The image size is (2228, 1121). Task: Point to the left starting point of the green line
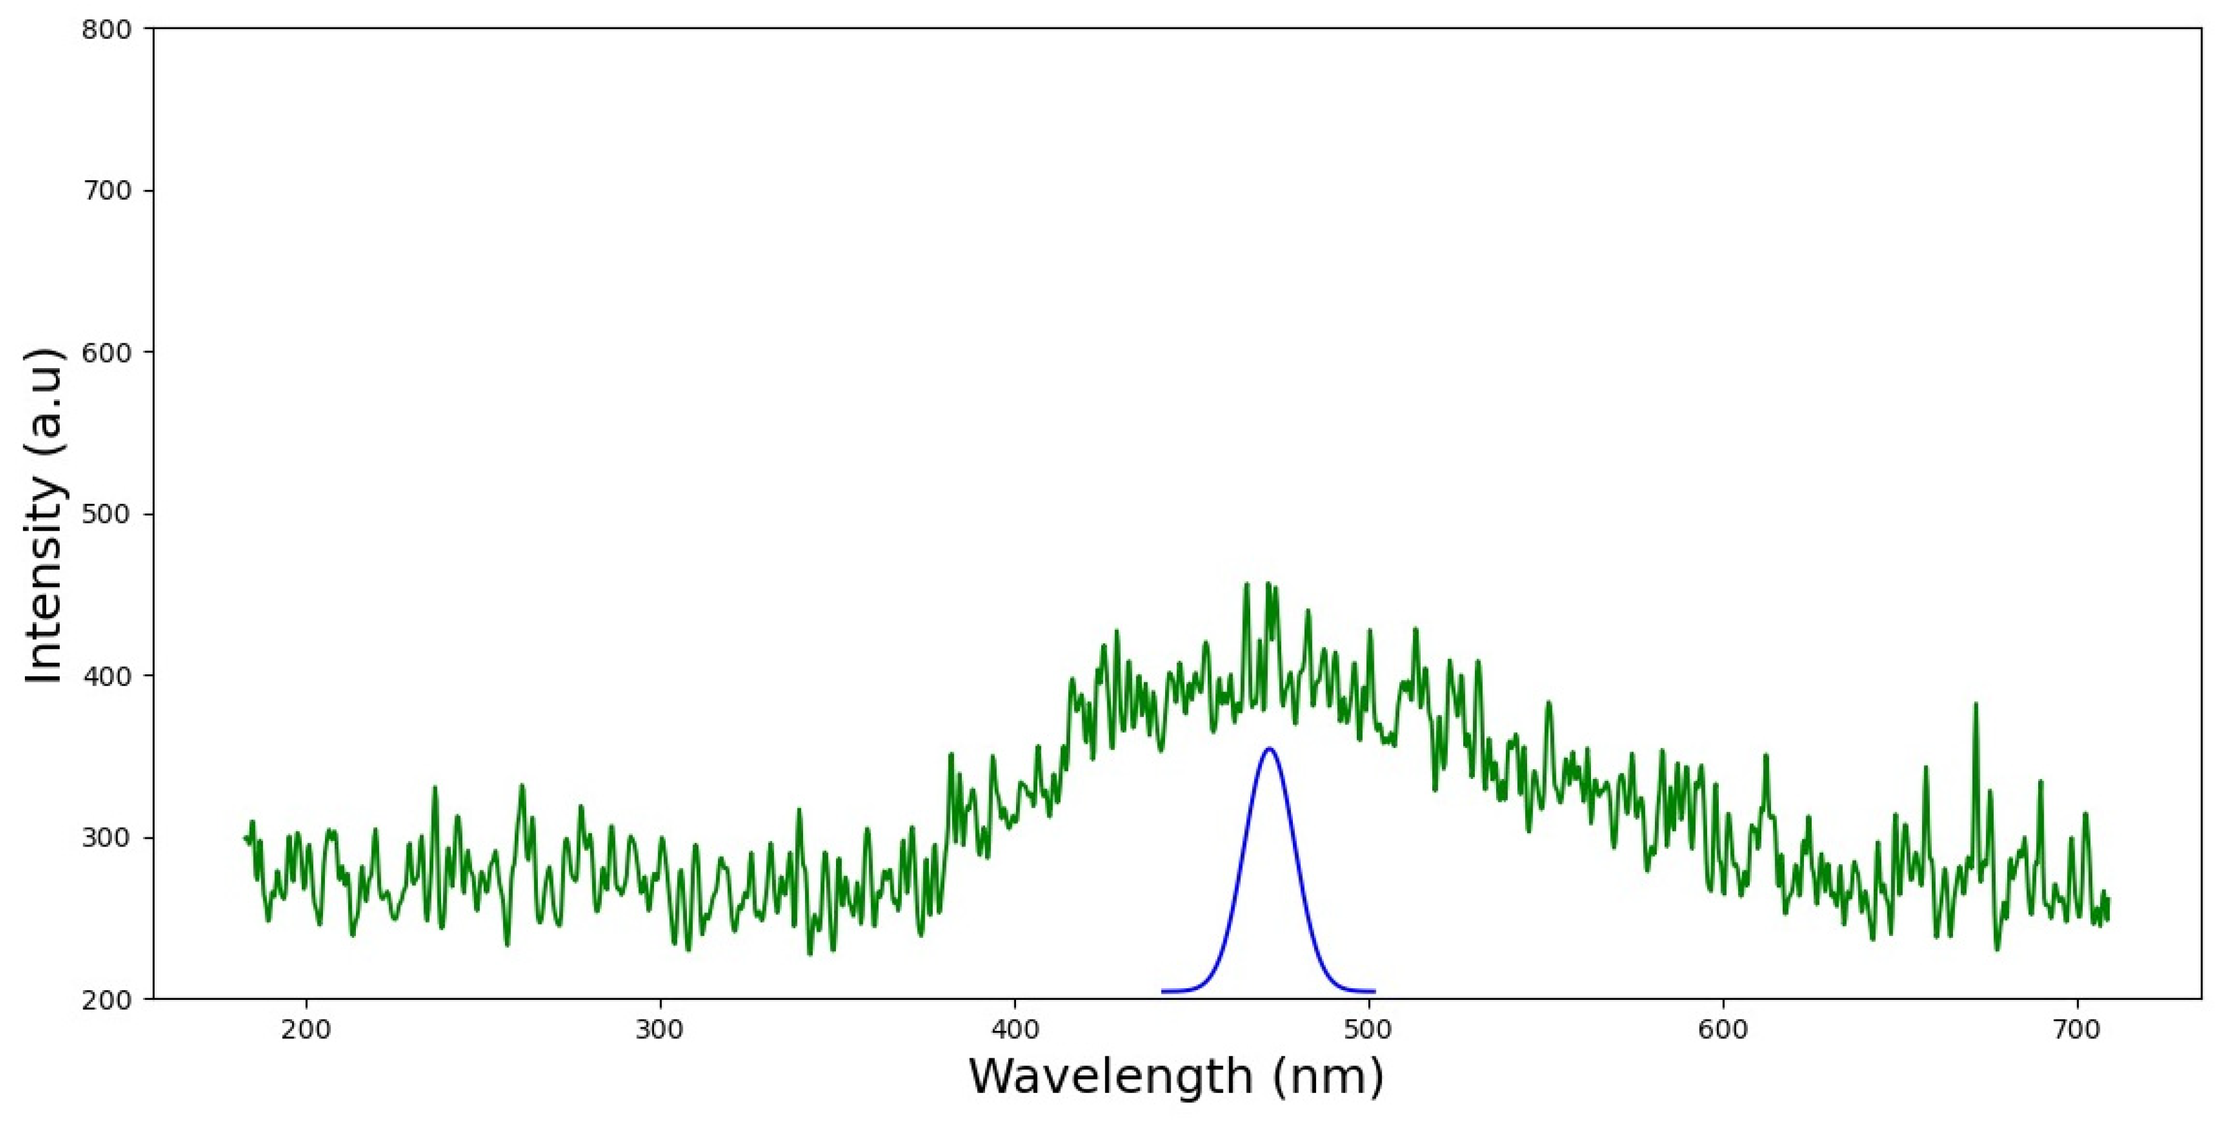click(x=246, y=837)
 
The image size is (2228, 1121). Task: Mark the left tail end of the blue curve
click(x=1163, y=990)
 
